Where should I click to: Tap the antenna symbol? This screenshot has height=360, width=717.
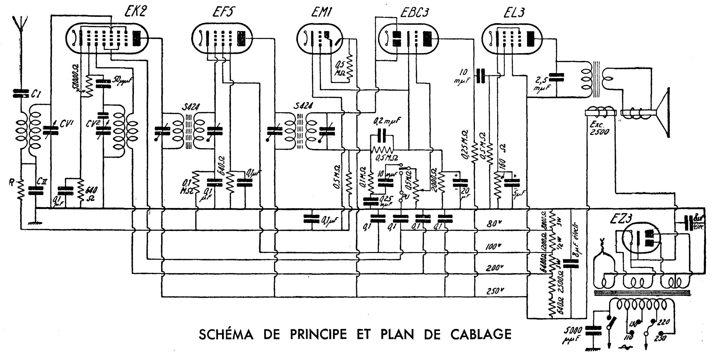(21, 24)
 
